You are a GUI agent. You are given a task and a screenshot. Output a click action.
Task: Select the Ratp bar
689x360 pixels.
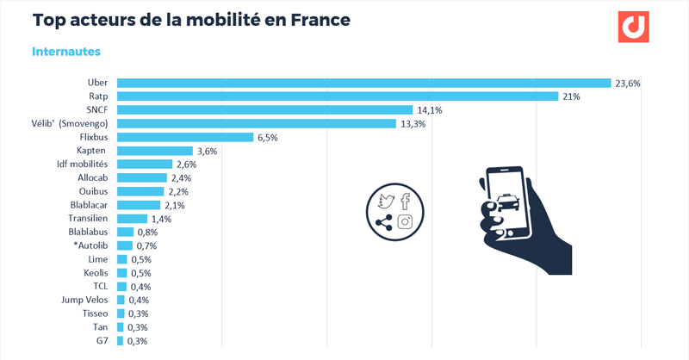(x=338, y=96)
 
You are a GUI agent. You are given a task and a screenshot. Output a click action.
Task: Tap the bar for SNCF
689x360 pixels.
(x=264, y=110)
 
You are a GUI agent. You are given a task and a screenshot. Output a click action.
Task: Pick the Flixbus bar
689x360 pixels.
(x=184, y=137)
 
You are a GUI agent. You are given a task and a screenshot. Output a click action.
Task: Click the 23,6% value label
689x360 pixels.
(x=628, y=84)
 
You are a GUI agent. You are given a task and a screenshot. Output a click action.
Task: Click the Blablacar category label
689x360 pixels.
(x=89, y=205)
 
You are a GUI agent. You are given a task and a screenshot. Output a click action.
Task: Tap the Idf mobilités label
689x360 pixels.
(x=82, y=164)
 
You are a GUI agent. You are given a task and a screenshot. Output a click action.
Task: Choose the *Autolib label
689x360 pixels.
(x=90, y=245)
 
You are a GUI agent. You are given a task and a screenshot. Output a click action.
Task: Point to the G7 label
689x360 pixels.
(x=101, y=340)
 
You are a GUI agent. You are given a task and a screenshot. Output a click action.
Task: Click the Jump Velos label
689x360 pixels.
(x=85, y=300)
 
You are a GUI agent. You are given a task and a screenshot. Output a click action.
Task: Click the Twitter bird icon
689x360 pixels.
(x=386, y=202)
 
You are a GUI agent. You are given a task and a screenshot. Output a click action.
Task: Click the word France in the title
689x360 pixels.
(x=319, y=20)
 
